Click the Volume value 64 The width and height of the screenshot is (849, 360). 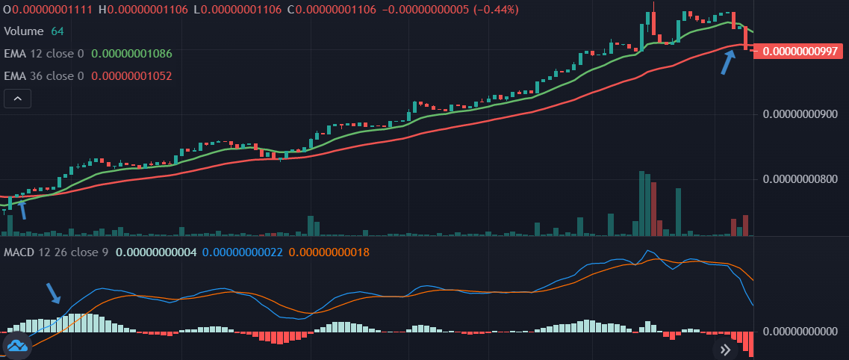tap(57, 31)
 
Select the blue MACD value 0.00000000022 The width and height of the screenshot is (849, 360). tap(242, 252)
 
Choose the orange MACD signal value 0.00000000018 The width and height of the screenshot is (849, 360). tap(329, 252)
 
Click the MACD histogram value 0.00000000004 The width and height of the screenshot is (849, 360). tap(157, 252)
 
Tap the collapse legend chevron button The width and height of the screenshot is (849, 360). tap(17, 99)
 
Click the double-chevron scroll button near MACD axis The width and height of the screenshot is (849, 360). tap(724, 349)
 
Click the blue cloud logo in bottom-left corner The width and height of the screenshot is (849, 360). tap(16, 344)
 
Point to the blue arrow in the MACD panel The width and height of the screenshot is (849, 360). tap(54, 294)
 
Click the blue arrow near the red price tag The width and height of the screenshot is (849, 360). tap(727, 63)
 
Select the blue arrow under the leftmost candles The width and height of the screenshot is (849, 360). tap(22, 209)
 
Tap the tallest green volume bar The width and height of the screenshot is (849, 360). tap(641, 203)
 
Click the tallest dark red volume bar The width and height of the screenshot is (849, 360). tap(653, 208)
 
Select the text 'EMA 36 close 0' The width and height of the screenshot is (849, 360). tap(44, 76)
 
